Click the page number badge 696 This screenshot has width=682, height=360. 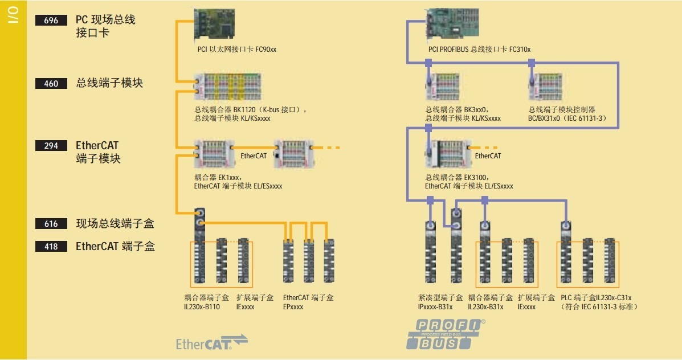click(x=51, y=21)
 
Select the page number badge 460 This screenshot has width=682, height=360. click(x=51, y=84)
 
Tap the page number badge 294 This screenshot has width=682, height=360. click(x=51, y=146)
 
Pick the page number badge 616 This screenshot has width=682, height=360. click(x=51, y=224)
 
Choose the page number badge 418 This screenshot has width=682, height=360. click(x=51, y=247)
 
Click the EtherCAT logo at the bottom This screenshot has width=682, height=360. click(x=211, y=342)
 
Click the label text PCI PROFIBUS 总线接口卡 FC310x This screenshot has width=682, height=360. click(x=479, y=50)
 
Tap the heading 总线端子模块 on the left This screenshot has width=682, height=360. click(x=109, y=83)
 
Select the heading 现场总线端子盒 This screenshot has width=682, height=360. click(x=115, y=224)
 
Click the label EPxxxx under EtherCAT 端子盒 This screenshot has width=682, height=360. click(x=293, y=307)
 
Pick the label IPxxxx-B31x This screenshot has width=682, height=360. click(x=435, y=307)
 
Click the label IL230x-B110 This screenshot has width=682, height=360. click(x=202, y=307)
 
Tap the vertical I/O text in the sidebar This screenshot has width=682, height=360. click(x=13, y=17)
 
